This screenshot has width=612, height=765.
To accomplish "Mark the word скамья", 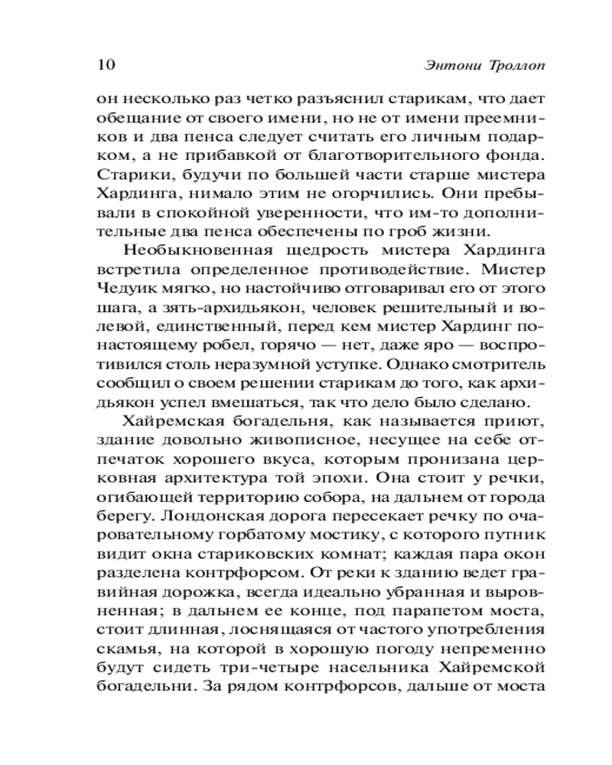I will click(x=124, y=655).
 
